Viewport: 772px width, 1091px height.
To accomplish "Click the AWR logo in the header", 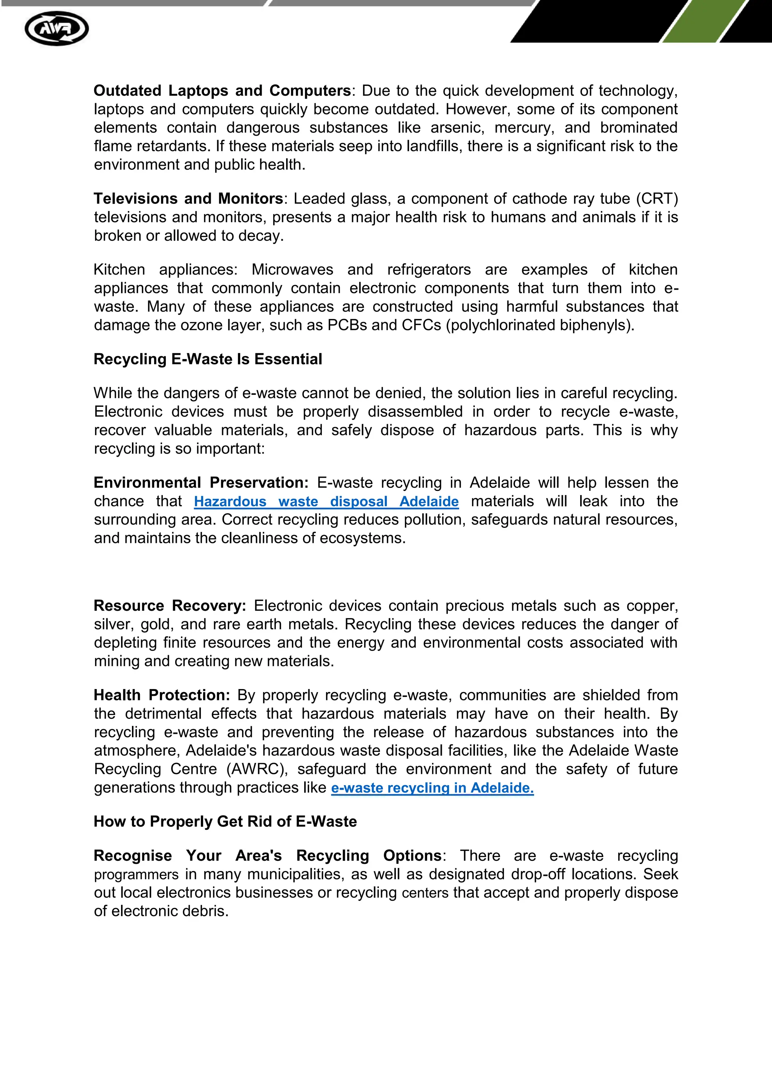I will tap(57, 29).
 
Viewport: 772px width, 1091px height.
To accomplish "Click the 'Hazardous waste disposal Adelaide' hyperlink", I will tap(326, 501).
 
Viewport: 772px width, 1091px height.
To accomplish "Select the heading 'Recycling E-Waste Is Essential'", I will tap(208, 359).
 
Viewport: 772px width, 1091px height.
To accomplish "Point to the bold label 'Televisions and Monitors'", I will tap(188, 199).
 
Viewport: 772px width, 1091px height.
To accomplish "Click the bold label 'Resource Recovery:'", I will tap(170, 606).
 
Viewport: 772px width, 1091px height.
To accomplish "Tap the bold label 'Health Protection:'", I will tap(162, 695).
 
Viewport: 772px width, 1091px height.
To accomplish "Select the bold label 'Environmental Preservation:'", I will tap(201, 483).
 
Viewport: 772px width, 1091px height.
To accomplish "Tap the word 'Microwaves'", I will tap(293, 269).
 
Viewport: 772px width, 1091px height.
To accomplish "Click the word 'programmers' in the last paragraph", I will tap(136, 875).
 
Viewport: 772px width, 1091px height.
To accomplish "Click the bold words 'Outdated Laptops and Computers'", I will tap(222, 91).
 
